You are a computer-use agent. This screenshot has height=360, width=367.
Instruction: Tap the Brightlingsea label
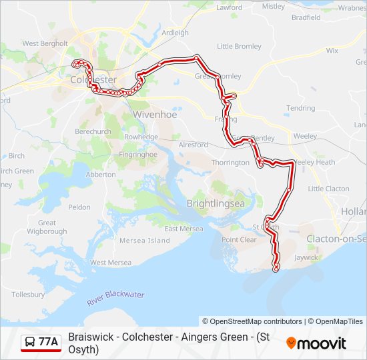216,203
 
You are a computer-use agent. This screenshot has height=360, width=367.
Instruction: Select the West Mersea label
111,263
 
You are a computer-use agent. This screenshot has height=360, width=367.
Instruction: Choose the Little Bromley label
239,46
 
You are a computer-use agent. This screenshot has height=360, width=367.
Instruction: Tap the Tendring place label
300,108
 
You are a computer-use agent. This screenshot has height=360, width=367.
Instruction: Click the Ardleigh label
175,32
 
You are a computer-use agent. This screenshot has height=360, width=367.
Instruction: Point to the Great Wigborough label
47,227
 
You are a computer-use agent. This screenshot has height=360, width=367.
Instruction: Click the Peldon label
79,207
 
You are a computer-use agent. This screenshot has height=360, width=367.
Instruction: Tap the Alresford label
194,144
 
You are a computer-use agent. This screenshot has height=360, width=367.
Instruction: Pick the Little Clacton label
328,189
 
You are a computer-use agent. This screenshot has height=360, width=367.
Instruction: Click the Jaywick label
306,257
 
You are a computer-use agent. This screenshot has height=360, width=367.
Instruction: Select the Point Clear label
239,240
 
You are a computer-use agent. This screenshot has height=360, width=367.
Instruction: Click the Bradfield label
306,17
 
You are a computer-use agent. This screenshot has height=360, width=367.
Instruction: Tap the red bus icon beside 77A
30,343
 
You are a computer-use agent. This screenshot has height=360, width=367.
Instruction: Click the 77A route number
49,343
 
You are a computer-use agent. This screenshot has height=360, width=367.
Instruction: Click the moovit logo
316,343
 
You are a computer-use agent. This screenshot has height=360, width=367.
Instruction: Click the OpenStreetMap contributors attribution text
252,321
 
